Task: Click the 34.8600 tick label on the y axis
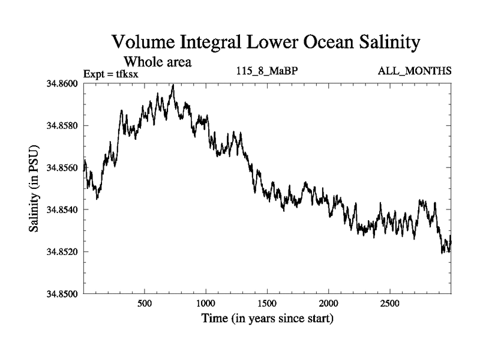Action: (62, 83)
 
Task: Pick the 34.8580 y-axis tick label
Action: (62, 125)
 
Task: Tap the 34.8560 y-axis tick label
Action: (62, 167)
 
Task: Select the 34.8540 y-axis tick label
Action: (62, 209)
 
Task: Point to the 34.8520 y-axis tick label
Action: (62, 251)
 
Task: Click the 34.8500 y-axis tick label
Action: (62, 293)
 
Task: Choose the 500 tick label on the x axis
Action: (145, 303)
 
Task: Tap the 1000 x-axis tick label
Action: (206, 303)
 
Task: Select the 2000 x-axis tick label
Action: (329, 303)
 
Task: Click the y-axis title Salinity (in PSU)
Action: (34, 188)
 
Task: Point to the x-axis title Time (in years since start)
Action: (267, 319)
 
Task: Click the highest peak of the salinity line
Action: (173, 85)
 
